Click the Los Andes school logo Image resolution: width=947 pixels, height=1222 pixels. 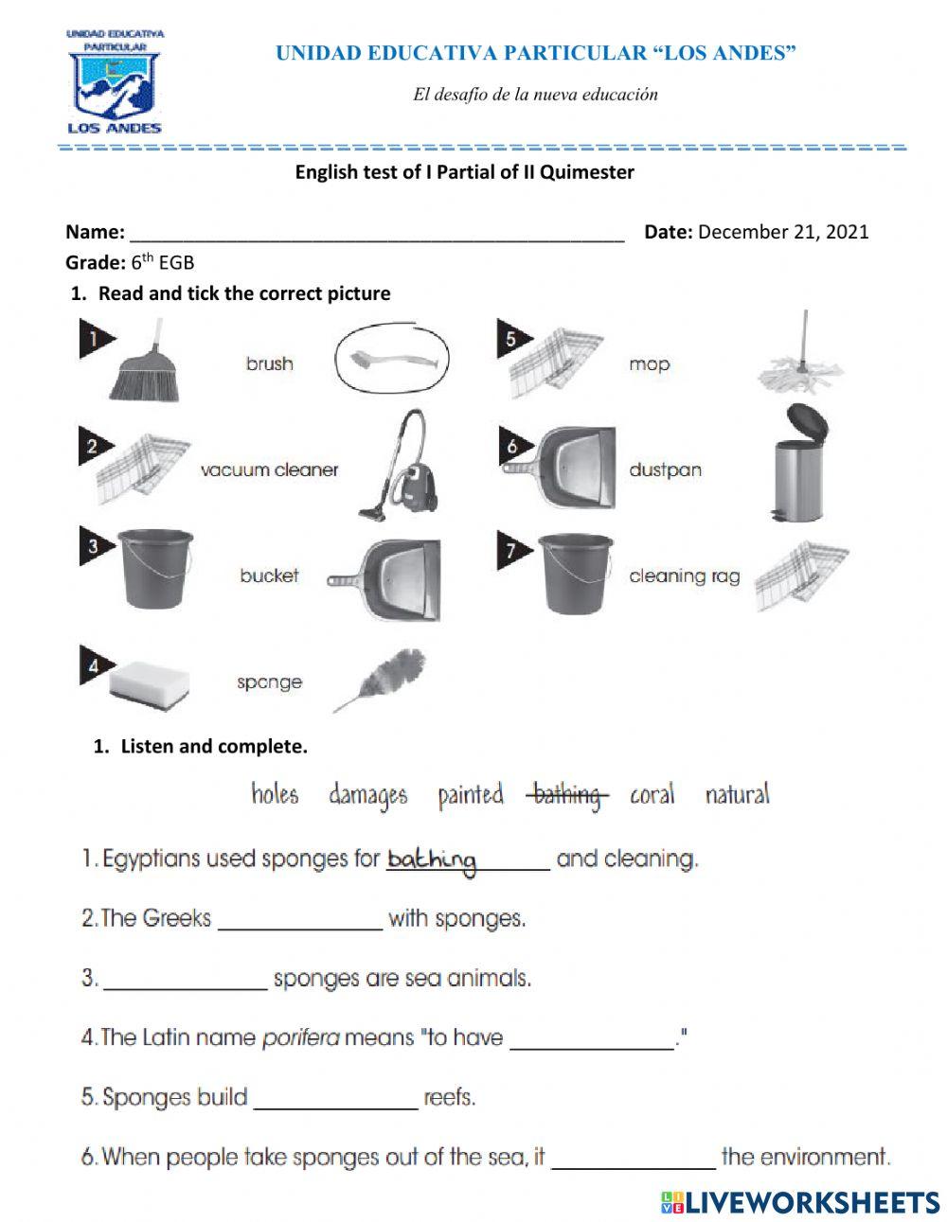coord(115,81)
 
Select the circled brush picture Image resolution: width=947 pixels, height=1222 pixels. coord(391,362)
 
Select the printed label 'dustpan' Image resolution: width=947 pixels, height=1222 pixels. coord(665,469)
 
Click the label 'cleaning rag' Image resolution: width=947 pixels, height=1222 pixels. coord(684,576)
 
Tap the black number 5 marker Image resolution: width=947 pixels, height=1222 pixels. coord(512,339)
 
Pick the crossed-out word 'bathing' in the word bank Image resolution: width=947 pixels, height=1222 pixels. coord(566,795)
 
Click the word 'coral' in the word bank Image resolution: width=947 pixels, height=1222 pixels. coord(652,794)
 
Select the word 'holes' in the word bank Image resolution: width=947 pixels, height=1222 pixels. coord(275,794)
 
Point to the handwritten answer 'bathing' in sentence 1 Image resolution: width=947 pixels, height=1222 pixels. coord(432,860)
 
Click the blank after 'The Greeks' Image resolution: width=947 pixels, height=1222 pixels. coord(300,921)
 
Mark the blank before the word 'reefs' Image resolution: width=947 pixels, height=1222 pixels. coord(335,1100)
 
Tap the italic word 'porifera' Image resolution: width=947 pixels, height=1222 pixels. coord(299,1037)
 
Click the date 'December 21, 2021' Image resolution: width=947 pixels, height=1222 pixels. coord(783,232)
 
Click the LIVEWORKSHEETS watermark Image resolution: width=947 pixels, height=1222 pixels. coord(799,1202)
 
